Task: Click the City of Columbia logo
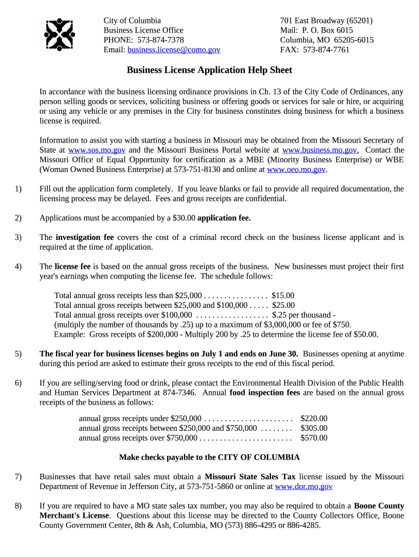(59, 34)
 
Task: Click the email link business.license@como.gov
(174, 49)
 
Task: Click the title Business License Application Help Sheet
(209, 70)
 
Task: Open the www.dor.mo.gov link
(304, 486)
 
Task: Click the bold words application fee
(224, 218)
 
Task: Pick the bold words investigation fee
(84, 237)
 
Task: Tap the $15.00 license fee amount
(282, 295)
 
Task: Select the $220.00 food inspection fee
(314, 418)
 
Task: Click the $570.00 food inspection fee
(314, 438)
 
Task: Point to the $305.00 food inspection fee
(314, 428)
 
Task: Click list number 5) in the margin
(19, 354)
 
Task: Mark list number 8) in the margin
(19, 506)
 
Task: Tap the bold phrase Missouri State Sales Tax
(250, 476)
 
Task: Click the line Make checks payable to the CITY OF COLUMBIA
(209, 457)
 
